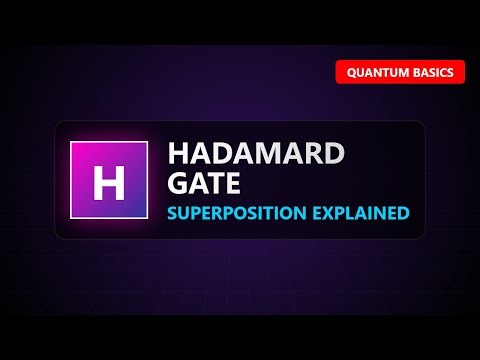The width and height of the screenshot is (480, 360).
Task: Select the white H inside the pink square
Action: pos(109,182)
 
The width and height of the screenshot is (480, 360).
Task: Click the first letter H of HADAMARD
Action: pos(179,154)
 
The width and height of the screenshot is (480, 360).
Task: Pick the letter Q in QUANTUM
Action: pos(352,73)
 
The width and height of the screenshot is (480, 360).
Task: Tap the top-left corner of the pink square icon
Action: pos(71,143)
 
